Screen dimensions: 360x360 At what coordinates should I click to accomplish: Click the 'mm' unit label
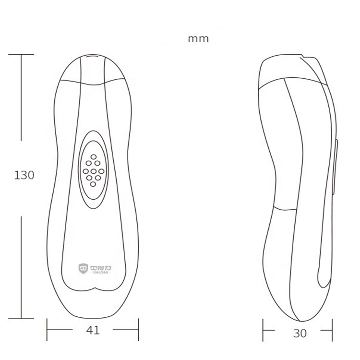[x=198, y=39]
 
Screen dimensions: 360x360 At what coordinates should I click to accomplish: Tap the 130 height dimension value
[x=24, y=175]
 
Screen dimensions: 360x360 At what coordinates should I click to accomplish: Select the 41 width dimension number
[x=94, y=330]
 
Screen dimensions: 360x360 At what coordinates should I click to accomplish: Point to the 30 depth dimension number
[x=300, y=333]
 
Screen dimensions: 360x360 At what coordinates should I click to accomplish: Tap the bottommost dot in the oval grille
[x=89, y=184]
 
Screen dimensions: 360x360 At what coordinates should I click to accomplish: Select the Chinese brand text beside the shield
[x=98, y=265]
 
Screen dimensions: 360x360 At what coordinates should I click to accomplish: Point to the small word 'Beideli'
[x=98, y=272]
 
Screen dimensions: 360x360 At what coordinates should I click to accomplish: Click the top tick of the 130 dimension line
[x=21, y=54]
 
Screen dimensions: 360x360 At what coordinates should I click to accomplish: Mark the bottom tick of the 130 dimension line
[x=21, y=318]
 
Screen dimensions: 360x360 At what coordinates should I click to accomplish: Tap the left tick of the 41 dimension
[x=47, y=330]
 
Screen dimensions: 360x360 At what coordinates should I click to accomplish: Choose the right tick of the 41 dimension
[x=138, y=330]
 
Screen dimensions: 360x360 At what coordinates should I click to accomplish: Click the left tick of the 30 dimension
[x=263, y=331]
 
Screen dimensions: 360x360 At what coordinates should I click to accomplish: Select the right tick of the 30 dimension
[x=332, y=331]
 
